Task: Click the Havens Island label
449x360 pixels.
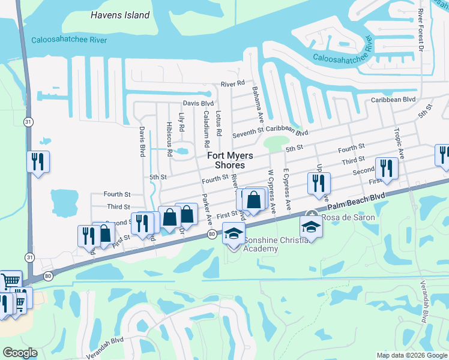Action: click(120, 15)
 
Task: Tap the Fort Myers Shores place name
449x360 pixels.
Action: click(230, 160)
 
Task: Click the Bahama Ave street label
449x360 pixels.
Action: click(261, 104)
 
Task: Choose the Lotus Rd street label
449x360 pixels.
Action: click(218, 123)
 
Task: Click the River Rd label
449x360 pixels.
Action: click(233, 83)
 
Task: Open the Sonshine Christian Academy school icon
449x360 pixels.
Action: click(234, 233)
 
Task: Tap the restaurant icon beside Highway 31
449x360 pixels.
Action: click(38, 161)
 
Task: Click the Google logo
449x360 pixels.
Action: click(20, 353)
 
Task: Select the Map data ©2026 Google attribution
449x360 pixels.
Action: click(411, 355)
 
